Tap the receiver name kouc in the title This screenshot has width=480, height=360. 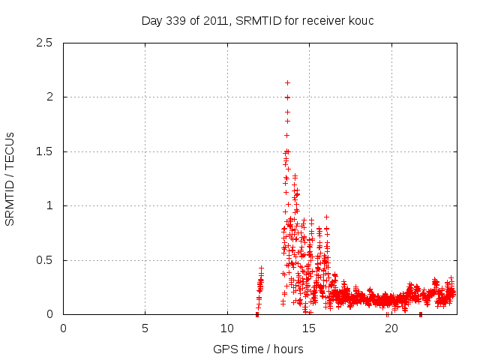tap(359, 21)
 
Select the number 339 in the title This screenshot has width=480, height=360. tap(175, 21)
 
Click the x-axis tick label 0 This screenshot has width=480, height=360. tap(63, 328)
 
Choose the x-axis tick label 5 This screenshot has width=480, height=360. tap(145, 328)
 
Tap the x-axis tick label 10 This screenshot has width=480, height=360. tap(226, 328)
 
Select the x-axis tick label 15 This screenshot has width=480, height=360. tap(308, 328)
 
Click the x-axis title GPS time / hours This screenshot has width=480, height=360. tap(259, 349)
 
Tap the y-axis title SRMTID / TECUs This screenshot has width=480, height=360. tap(10, 178)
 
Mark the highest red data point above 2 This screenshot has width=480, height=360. tap(287, 82)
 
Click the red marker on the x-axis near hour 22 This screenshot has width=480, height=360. tap(421, 314)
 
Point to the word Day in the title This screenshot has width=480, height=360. tap(151, 21)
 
